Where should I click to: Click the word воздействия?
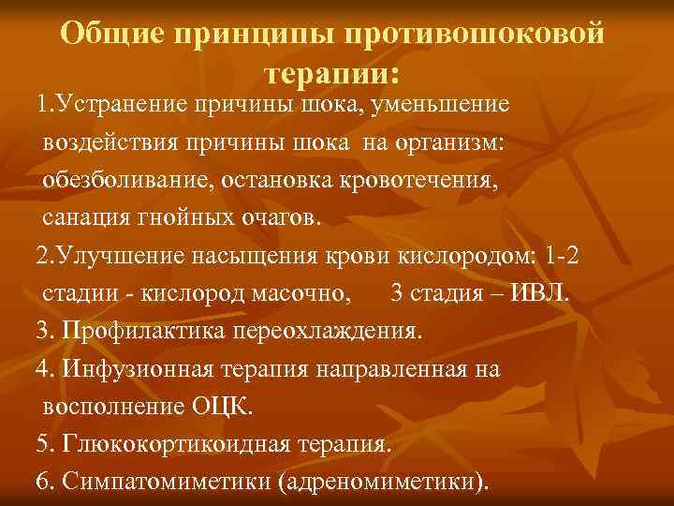click(x=110, y=141)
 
